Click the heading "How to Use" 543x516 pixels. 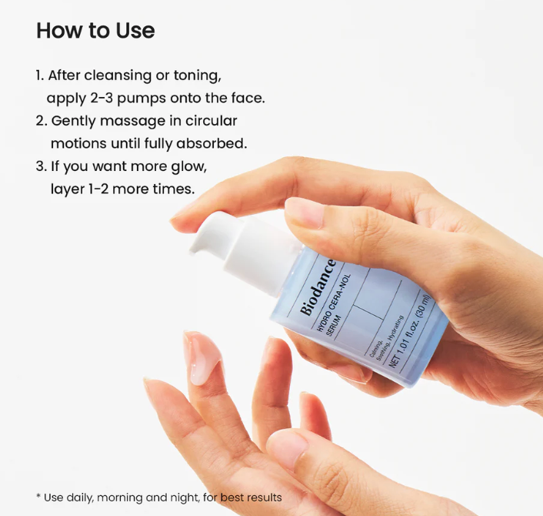point(95,30)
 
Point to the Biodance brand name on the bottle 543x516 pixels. point(318,287)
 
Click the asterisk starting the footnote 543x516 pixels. point(38,496)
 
